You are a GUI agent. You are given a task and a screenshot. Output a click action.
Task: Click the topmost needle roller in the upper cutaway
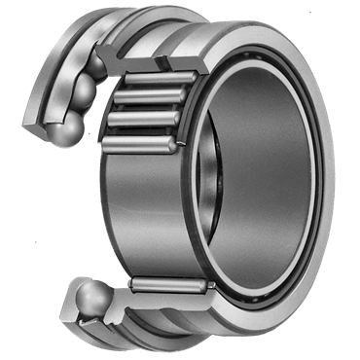(156, 78)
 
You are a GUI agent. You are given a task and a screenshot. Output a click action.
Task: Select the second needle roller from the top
(152, 98)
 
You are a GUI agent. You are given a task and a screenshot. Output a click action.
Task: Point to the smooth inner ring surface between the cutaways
(146, 214)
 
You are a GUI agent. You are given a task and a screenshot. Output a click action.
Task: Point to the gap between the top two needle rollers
(154, 89)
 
